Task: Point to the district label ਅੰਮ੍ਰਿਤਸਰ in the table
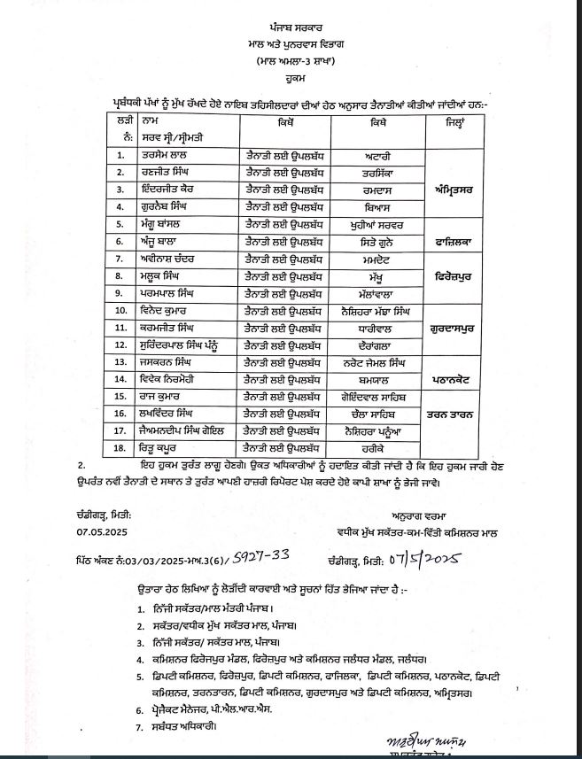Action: click(x=457, y=188)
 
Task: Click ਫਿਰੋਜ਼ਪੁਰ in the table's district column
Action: click(x=457, y=276)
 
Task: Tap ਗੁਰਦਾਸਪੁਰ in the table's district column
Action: click(x=457, y=327)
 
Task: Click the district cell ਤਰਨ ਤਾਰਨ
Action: click(x=457, y=413)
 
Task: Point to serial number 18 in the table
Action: click(x=120, y=449)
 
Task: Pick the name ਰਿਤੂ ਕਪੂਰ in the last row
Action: click(x=159, y=449)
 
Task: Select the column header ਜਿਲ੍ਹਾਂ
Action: click(x=457, y=120)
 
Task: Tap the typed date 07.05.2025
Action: click(x=105, y=531)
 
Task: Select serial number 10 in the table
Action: click(x=120, y=310)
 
